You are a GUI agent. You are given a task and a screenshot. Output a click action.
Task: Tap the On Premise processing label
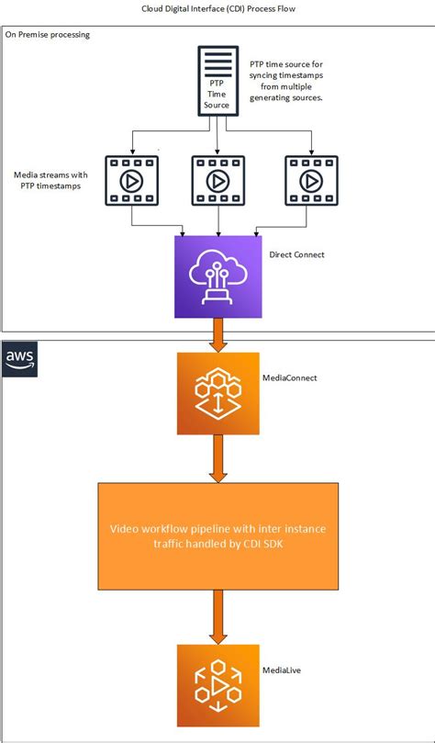pos(48,35)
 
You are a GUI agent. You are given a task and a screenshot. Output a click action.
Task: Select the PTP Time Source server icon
pos(217,83)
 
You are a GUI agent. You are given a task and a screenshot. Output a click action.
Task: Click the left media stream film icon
pos(131,180)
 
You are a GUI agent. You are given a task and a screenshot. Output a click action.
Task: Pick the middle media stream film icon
pos(217,180)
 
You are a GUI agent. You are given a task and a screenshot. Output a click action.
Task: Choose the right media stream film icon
pos(310,180)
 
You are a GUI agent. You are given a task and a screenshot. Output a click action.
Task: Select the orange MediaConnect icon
pos(217,393)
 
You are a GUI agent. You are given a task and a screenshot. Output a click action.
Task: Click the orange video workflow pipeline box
pos(217,535)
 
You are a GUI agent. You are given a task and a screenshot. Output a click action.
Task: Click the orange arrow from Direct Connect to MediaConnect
pos(217,335)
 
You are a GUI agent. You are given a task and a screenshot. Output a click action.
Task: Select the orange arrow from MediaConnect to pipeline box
pos(217,459)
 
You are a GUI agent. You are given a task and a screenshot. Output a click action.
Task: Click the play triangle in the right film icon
pos(311,180)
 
